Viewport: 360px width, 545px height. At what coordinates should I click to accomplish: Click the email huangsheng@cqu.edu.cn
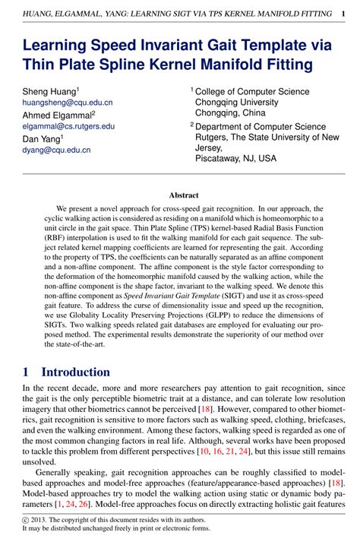click(56, 101)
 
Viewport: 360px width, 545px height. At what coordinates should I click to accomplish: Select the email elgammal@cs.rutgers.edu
click(58, 125)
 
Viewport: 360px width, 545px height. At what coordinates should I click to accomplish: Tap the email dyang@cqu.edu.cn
click(46, 150)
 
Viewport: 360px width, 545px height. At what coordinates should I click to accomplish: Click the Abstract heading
click(184, 195)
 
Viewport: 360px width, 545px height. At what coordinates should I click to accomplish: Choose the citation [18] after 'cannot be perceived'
click(204, 410)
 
